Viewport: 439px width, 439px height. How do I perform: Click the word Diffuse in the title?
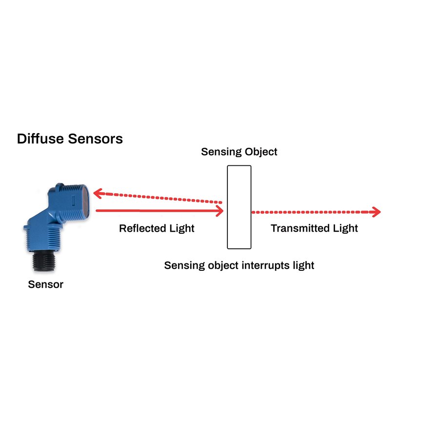(x=40, y=139)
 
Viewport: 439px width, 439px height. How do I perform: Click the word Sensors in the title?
(x=96, y=139)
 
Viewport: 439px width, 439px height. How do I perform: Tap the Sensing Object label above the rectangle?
(x=239, y=152)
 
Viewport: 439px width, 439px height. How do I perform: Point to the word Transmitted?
(x=300, y=228)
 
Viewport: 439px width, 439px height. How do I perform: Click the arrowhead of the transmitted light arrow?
(x=376, y=212)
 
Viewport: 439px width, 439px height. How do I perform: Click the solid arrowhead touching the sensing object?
(x=219, y=211)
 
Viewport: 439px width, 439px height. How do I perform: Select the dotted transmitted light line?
(x=312, y=212)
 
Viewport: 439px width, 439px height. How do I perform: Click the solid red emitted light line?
(x=156, y=211)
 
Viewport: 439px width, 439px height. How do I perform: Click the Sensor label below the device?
(x=45, y=284)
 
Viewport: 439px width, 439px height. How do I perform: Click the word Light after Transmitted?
(x=346, y=228)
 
